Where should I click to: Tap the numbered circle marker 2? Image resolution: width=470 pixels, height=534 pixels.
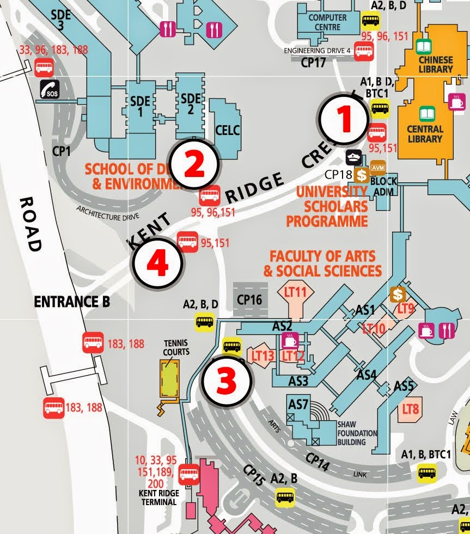[x=194, y=164]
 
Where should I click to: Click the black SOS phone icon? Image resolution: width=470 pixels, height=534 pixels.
[x=50, y=89]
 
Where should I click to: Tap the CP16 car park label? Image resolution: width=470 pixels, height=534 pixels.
[x=250, y=299]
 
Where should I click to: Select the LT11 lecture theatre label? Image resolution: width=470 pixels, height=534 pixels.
[x=296, y=292]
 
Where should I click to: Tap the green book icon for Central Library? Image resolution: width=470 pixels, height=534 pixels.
[x=424, y=114]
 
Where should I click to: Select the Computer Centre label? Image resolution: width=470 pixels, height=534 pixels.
[x=327, y=22]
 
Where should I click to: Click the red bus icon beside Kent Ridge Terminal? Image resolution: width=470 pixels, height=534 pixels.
[x=189, y=473]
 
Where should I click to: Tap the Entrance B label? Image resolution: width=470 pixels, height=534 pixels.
[x=71, y=301]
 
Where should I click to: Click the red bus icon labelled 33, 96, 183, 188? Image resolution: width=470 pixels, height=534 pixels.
[x=44, y=67]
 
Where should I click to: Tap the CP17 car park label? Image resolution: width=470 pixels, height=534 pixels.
[x=313, y=63]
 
